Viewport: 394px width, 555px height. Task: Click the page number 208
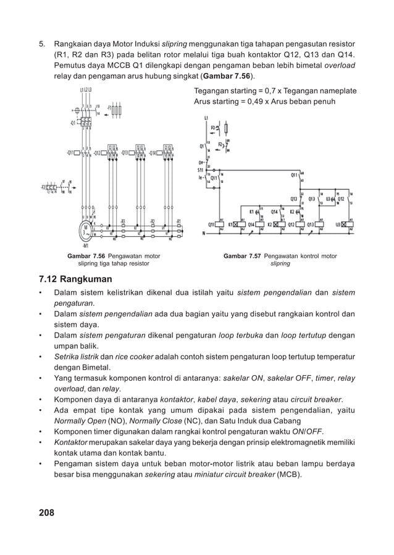(x=46, y=512)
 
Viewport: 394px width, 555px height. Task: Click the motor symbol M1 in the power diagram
(x=85, y=230)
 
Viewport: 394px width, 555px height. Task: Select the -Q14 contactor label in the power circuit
(x=152, y=152)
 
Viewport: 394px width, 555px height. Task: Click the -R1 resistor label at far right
(x=178, y=221)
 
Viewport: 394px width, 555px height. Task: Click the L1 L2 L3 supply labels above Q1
(x=85, y=90)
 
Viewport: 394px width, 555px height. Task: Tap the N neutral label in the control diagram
(x=204, y=234)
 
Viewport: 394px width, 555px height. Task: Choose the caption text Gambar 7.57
(x=241, y=256)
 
